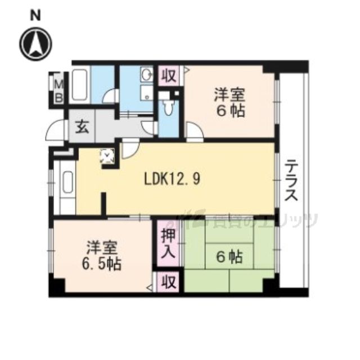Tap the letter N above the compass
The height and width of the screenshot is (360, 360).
[35, 16]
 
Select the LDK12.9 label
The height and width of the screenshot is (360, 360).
[172, 179]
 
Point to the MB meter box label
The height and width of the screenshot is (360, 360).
[58, 90]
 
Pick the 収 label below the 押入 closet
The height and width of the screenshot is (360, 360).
[168, 281]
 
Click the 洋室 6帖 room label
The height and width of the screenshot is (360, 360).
[229, 102]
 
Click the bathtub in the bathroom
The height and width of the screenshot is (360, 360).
[80, 85]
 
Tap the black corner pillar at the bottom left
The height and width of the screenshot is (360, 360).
[56, 287]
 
